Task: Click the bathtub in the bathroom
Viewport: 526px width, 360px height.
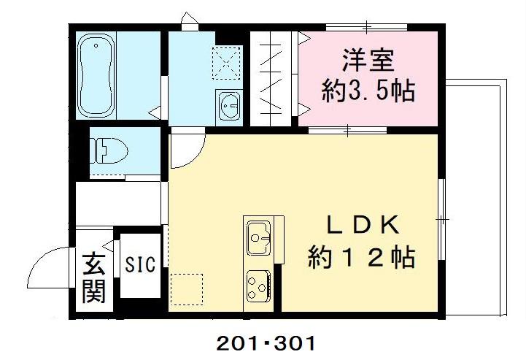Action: point(97,74)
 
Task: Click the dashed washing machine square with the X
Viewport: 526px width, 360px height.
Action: point(227,61)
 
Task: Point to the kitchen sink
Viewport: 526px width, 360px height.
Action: point(258,236)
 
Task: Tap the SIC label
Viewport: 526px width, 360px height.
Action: point(140,264)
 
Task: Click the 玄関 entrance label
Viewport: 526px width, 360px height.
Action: point(93,278)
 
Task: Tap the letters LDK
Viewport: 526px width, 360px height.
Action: point(362,226)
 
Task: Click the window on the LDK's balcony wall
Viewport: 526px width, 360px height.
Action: point(442,219)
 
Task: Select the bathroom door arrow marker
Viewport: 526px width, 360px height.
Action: point(155,112)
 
